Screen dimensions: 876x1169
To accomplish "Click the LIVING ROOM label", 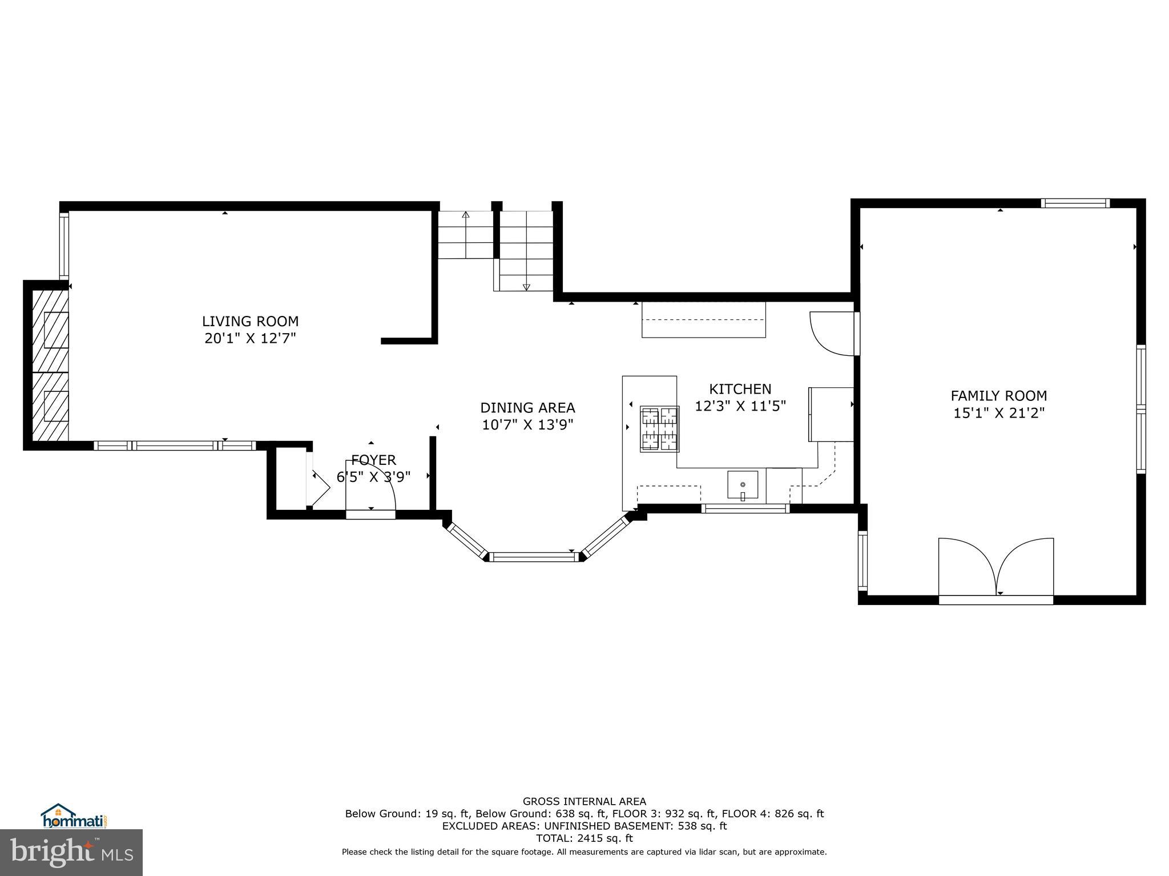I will click(x=250, y=321).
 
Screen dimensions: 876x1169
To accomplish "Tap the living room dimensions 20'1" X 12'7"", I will click(x=250, y=339).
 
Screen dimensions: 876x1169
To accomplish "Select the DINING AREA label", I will click(x=527, y=408).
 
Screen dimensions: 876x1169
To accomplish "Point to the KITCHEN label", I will click(x=740, y=389).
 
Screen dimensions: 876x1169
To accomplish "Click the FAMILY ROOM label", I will click(x=998, y=396).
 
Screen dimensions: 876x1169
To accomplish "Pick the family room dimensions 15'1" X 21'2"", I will click(x=998, y=413).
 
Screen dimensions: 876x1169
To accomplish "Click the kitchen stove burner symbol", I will click(x=660, y=429).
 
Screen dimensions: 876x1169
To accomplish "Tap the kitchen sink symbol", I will click(x=743, y=485).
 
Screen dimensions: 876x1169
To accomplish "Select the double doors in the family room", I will click(x=996, y=567).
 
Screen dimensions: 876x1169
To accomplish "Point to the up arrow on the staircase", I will click(x=466, y=216).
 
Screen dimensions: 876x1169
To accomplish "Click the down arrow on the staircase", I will click(x=526, y=287).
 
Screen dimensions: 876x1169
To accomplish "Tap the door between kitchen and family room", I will click(x=832, y=333).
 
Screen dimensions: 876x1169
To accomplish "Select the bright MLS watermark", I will click(x=71, y=852).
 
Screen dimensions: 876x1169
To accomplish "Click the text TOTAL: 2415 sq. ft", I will click(x=584, y=838).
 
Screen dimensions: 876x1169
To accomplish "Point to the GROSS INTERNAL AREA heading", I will click(x=584, y=801).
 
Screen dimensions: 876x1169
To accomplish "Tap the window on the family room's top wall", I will click(x=1075, y=203).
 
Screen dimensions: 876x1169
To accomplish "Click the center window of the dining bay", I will click(x=534, y=557).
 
